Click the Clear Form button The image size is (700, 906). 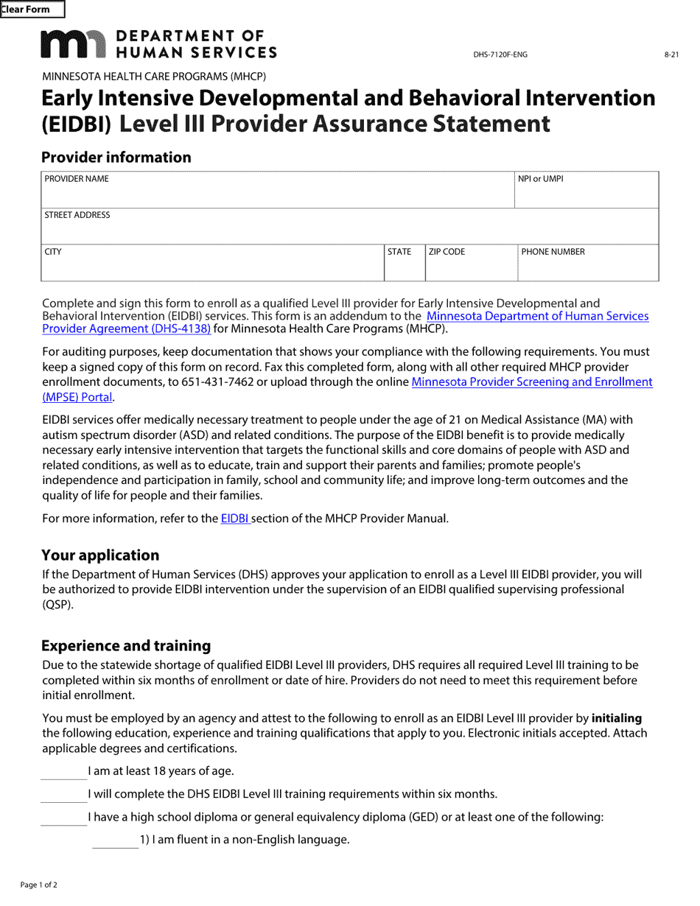click(x=32, y=10)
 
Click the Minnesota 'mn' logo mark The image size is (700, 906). click(x=73, y=44)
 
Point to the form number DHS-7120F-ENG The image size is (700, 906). click(x=500, y=55)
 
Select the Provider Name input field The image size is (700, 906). click(x=277, y=196)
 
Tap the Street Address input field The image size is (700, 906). click(x=349, y=231)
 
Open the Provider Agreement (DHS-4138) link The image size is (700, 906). click(x=126, y=329)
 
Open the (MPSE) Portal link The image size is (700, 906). click(x=77, y=397)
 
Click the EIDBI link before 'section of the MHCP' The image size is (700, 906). click(x=235, y=519)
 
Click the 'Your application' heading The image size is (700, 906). click(x=100, y=555)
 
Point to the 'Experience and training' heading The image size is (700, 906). click(x=126, y=646)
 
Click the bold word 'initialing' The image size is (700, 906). click(x=617, y=718)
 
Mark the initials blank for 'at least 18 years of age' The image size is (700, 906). click(x=63, y=772)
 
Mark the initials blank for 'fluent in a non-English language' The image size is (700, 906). click(x=115, y=840)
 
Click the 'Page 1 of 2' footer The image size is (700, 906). click(x=39, y=885)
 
